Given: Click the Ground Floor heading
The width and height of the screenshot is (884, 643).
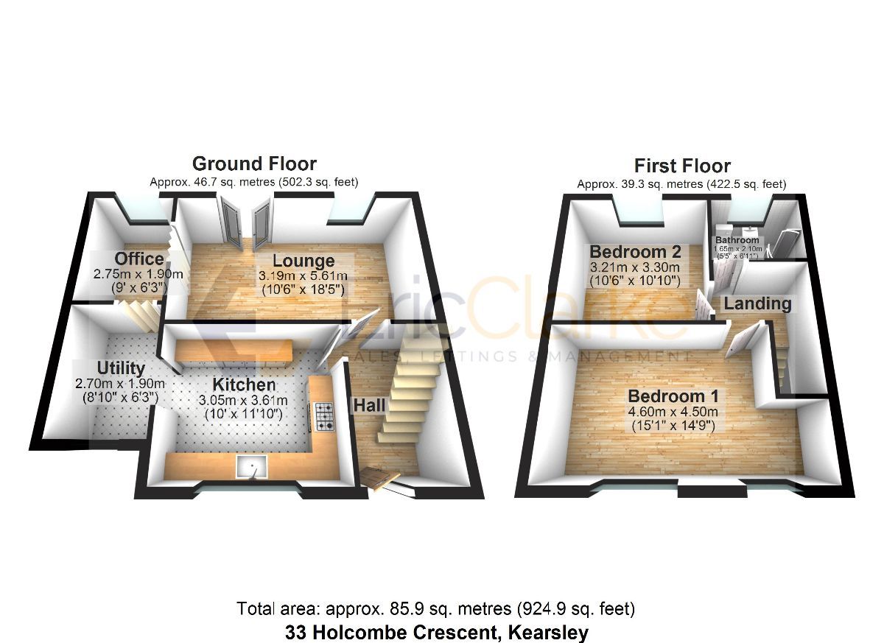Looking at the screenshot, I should coord(254,164).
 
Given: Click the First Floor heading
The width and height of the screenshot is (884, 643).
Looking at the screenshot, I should coord(681,166).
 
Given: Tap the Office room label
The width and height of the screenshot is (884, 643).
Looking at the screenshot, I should coord(139,259).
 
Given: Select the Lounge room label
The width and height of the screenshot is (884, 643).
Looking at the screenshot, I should coord(304,261).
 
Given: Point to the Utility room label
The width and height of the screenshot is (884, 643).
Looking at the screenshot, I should coord(120,368).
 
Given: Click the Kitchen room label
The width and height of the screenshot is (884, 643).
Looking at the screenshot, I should coord(245,384).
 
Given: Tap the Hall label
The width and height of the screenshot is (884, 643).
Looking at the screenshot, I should coord(370,404).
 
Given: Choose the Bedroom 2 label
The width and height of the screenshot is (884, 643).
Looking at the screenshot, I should coord(634,252).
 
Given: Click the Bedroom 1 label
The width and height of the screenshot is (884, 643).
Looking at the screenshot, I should coord(670,396).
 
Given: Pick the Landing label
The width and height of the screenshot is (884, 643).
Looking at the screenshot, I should coord(757,303).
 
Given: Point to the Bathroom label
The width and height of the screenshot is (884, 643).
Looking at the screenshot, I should coord(737,240).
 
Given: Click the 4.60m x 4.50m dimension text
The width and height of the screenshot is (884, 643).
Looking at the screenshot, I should coord(670,411).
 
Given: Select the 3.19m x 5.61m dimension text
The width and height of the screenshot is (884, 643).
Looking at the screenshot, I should coord(303,275).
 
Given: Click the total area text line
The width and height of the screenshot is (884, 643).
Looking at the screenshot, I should coord(435,609).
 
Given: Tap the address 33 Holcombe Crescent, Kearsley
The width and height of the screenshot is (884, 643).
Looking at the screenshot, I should coord(437,631).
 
